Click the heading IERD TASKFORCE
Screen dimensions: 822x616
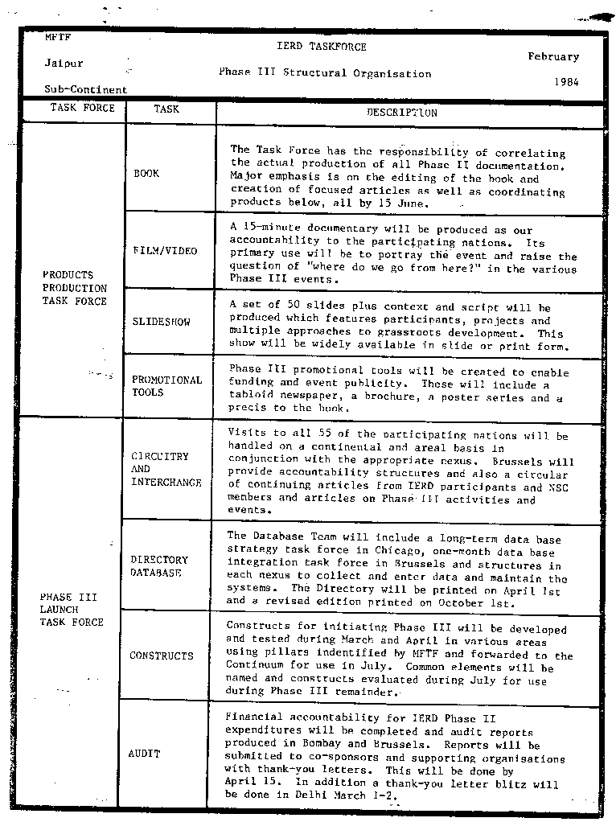click(321, 47)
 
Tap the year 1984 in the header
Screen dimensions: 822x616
click(566, 82)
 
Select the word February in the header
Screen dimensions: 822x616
click(553, 57)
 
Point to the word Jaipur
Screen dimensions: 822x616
click(64, 64)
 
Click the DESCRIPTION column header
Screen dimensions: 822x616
click(402, 113)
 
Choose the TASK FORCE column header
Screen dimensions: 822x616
click(83, 109)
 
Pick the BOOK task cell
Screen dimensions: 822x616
click(146, 174)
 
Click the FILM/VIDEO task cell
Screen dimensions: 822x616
click(165, 251)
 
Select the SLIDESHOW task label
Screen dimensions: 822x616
click(162, 322)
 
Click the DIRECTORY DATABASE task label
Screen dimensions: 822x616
click(159, 566)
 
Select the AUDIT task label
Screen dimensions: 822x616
click(145, 754)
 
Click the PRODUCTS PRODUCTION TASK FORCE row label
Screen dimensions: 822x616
click(75, 288)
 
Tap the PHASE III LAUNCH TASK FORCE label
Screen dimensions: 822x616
click(72, 610)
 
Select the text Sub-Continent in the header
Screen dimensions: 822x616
click(85, 90)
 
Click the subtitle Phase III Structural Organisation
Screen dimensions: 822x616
click(325, 73)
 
